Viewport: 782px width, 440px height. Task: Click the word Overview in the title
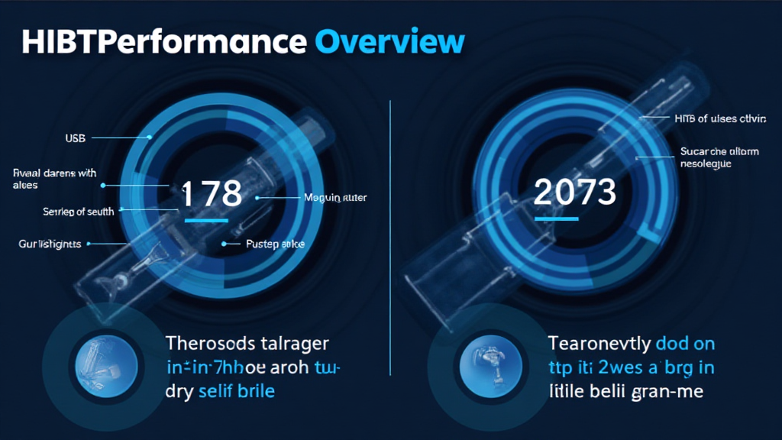[x=389, y=42]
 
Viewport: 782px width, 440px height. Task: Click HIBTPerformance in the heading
[x=164, y=42]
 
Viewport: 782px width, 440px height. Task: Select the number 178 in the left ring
[x=212, y=194]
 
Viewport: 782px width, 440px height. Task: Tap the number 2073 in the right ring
[x=574, y=192]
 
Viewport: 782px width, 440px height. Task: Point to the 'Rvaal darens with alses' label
[x=55, y=179]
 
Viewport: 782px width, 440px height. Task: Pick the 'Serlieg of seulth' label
[x=77, y=212]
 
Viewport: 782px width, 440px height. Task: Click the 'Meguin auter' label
[x=335, y=198]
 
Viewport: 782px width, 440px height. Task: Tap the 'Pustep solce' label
[x=276, y=244]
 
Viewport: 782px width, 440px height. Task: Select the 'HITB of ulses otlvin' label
[x=720, y=118]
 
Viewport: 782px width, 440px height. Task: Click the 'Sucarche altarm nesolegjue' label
[x=718, y=157]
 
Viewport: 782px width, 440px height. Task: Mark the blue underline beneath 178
[x=206, y=220]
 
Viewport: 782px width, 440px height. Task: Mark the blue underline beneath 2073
[x=557, y=218]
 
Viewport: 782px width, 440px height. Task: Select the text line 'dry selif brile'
[x=220, y=392]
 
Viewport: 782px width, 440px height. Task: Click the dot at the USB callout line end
[x=150, y=138]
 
